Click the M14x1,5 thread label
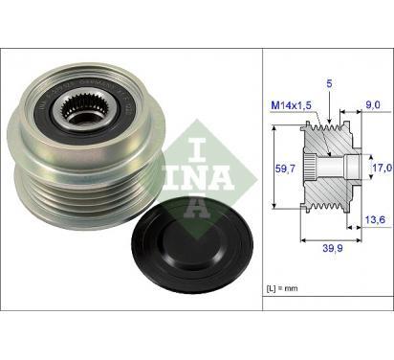291,105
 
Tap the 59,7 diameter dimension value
285,169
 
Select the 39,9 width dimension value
333,248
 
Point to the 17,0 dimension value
383,168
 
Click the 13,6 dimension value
375,219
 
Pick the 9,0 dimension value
373,104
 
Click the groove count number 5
329,83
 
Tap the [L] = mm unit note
282,288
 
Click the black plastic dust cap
192,246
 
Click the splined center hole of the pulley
77,111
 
